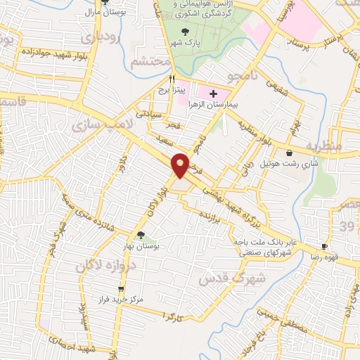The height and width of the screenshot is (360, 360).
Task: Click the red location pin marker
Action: (x=181, y=165)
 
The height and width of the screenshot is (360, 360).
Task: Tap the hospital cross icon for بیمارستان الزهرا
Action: (x=214, y=94)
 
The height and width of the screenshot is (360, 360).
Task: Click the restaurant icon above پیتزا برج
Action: (x=172, y=79)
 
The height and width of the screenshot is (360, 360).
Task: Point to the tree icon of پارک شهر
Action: (x=185, y=31)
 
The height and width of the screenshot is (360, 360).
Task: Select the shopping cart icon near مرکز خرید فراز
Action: (x=121, y=289)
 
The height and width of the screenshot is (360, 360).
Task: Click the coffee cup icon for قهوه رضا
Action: (x=324, y=247)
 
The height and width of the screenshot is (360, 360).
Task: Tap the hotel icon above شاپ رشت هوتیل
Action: (x=290, y=152)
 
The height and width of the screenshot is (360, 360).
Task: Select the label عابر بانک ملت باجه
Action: (x=262, y=243)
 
